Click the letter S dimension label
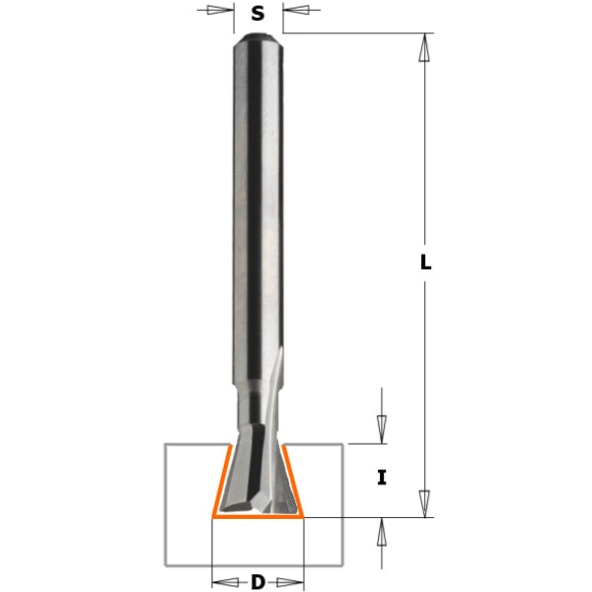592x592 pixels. click(259, 13)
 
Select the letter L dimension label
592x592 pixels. click(425, 263)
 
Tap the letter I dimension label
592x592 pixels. click(382, 479)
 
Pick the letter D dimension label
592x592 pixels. click(258, 582)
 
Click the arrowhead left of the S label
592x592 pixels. click(222, 12)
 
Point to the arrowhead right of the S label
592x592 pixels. click(295, 12)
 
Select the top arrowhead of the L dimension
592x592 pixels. click(425, 47)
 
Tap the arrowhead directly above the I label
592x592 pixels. click(382, 429)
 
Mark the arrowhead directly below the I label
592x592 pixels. click(382, 532)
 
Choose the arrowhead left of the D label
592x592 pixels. click(225, 582)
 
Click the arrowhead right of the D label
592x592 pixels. click(292, 582)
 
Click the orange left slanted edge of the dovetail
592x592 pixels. click(220, 481)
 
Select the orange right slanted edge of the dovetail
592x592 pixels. click(295, 481)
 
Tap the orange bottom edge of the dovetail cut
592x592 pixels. click(258, 516)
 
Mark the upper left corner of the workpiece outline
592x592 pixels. click(165, 445)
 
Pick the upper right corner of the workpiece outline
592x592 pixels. click(343, 445)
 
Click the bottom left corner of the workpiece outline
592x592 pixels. click(165, 567)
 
